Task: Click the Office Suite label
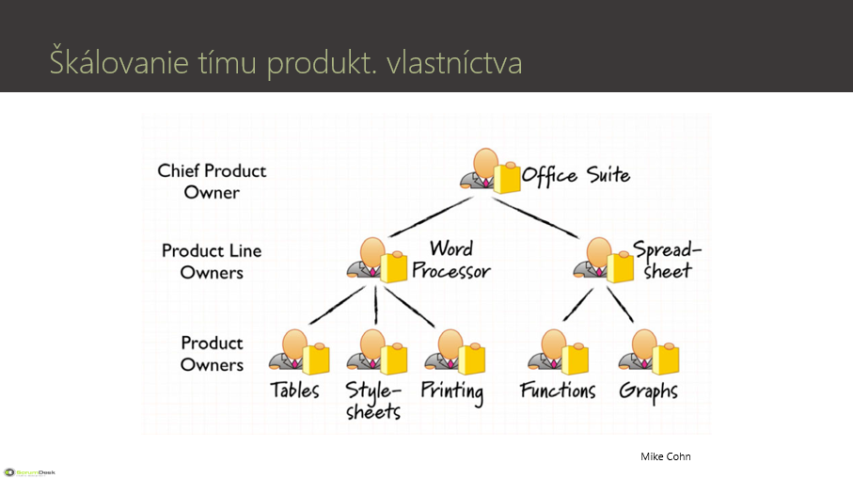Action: click(x=576, y=175)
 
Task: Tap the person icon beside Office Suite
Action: click(x=490, y=171)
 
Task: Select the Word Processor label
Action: click(x=451, y=260)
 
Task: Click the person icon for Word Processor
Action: click(x=377, y=260)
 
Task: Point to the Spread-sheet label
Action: click(x=667, y=260)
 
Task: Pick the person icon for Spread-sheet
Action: click(x=603, y=260)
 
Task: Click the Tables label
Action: click(x=295, y=390)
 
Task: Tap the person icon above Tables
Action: click(x=299, y=352)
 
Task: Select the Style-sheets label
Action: click(x=373, y=400)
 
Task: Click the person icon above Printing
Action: click(x=455, y=352)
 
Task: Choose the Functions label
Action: click(x=558, y=390)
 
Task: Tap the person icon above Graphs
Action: click(x=649, y=352)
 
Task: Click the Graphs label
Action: click(x=649, y=392)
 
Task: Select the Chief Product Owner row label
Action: click(x=212, y=182)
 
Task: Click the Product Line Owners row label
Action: click(x=212, y=262)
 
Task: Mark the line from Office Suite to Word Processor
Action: click(x=431, y=216)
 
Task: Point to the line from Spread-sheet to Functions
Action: click(x=577, y=304)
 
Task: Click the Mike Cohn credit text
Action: click(x=665, y=456)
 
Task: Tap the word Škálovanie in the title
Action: click(x=119, y=60)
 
